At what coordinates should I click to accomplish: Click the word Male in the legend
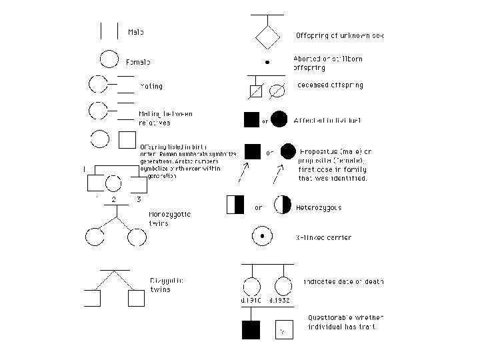point(136,32)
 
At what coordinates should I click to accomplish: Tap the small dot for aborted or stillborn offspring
point(267,62)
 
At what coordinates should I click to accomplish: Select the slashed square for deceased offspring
point(255,91)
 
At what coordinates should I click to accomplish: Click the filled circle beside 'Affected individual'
point(279,120)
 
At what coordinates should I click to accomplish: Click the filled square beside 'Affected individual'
point(252,120)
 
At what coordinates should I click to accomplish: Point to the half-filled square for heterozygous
point(236,205)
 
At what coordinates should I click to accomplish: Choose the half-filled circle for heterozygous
point(283,205)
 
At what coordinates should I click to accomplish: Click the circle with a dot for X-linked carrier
point(262,236)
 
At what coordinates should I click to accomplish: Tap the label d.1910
point(251,301)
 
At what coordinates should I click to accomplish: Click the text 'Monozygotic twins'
point(169,219)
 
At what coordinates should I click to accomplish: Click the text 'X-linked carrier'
point(323,237)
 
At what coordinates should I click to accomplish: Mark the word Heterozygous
point(319,207)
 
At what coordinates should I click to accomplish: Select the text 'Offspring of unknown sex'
point(339,35)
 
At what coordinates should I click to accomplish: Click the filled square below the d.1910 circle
point(251,329)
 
